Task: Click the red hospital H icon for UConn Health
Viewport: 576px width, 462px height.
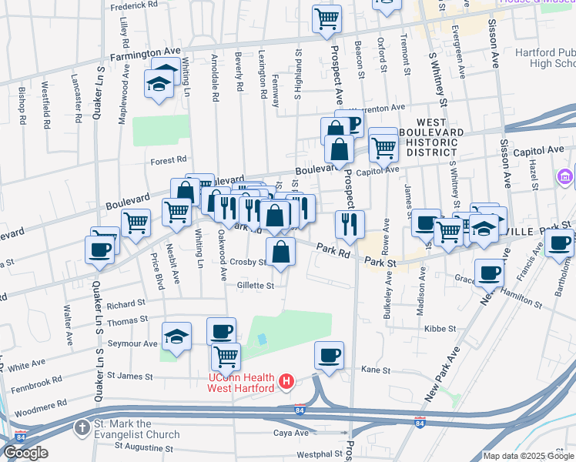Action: pos(286,380)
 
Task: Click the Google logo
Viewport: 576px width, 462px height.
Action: pos(25,453)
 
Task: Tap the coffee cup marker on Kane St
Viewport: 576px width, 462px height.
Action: pos(329,356)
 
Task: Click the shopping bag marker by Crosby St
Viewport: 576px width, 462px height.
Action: pos(280,251)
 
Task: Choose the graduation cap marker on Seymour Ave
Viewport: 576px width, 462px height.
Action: pos(176,336)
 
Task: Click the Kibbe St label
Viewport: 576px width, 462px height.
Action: pos(440,329)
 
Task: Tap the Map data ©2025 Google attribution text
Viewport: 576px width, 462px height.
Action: pos(527,456)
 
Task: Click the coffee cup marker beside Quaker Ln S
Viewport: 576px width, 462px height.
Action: pos(100,249)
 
